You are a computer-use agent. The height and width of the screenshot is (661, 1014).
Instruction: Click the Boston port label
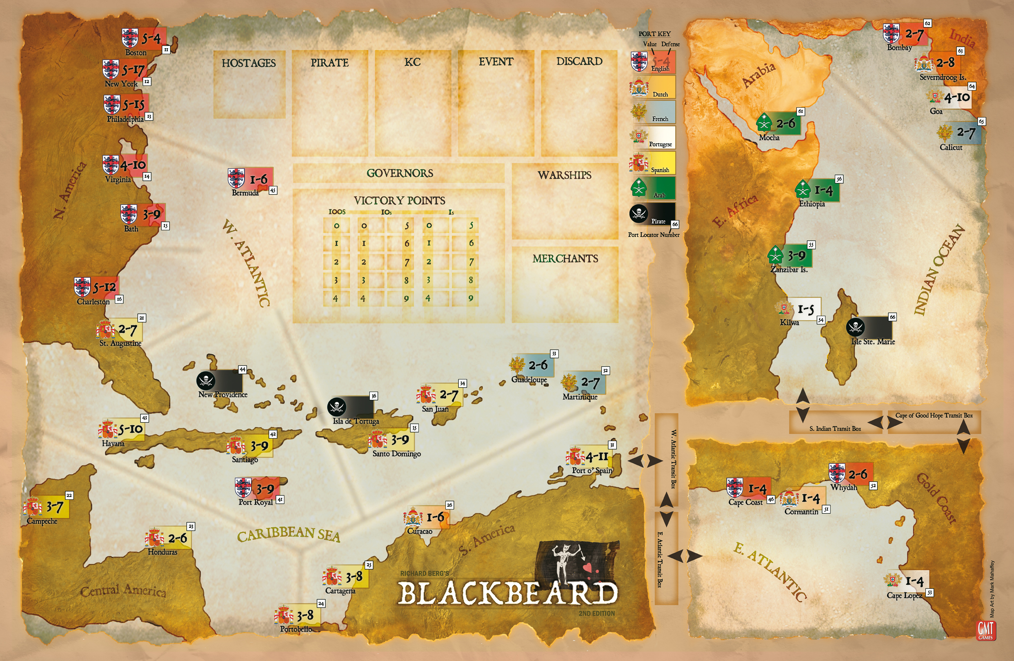tap(136, 53)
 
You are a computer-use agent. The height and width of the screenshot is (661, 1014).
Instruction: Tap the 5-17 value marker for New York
tap(133, 69)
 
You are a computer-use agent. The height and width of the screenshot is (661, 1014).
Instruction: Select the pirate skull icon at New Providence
tap(205, 380)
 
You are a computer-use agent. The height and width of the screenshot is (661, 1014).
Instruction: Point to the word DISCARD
tap(579, 61)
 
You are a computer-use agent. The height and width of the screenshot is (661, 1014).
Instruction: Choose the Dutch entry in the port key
tap(660, 94)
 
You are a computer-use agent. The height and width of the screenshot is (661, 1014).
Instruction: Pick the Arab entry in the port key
tap(659, 195)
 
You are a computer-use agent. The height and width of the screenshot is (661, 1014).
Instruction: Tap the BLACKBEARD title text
tap(507, 593)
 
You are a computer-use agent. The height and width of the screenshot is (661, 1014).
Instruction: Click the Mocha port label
tap(769, 138)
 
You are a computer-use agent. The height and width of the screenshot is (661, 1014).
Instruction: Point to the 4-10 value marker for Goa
tap(956, 98)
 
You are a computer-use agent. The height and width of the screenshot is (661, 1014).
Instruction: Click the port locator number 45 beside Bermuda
tap(273, 191)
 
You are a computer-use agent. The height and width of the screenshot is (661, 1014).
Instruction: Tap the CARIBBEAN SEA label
tap(289, 534)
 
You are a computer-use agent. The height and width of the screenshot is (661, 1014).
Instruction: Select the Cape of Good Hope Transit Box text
tap(934, 415)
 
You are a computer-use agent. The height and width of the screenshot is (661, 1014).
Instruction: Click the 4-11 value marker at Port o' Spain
tap(597, 457)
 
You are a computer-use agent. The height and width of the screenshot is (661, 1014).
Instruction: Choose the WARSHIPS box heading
tap(564, 175)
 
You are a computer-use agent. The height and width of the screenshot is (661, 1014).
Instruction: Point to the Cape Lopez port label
tap(904, 595)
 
